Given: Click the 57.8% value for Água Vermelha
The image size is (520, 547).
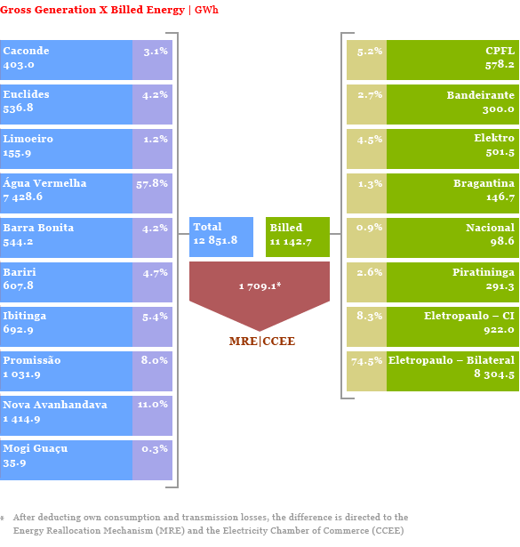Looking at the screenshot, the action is [x=152, y=184].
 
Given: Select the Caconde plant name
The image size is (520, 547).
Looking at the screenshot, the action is [x=26, y=51].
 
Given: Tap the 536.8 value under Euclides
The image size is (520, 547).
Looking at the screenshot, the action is [x=18, y=108].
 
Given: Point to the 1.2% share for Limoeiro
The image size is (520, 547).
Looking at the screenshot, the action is [x=156, y=139].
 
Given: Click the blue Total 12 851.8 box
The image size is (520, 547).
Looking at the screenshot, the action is [x=221, y=237].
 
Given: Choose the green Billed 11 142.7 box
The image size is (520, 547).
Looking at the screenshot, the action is [x=298, y=237].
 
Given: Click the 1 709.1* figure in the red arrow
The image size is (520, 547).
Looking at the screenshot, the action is [x=260, y=286].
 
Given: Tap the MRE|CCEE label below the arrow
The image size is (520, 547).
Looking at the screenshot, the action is [x=262, y=341].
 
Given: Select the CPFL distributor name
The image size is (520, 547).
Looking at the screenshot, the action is [x=500, y=51].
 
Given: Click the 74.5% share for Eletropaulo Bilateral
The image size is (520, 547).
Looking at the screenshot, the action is [x=366, y=361].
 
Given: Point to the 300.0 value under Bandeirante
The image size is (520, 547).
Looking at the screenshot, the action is [x=499, y=109].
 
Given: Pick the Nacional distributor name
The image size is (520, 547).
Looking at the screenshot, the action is [x=490, y=228].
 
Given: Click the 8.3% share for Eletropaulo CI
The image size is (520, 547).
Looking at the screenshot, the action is [x=370, y=316].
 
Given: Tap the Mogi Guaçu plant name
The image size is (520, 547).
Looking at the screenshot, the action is [x=36, y=449].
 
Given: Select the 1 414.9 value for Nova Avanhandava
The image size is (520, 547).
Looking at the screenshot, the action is [x=21, y=419].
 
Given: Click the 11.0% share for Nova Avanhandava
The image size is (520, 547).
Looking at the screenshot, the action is [x=153, y=405].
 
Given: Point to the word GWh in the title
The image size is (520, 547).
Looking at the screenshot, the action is [x=206, y=10].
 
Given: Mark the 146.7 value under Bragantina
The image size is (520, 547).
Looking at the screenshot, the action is [x=500, y=197].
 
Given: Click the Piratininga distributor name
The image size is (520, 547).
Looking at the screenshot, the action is [x=484, y=272].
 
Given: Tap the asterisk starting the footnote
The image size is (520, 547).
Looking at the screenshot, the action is [x=2, y=519].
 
